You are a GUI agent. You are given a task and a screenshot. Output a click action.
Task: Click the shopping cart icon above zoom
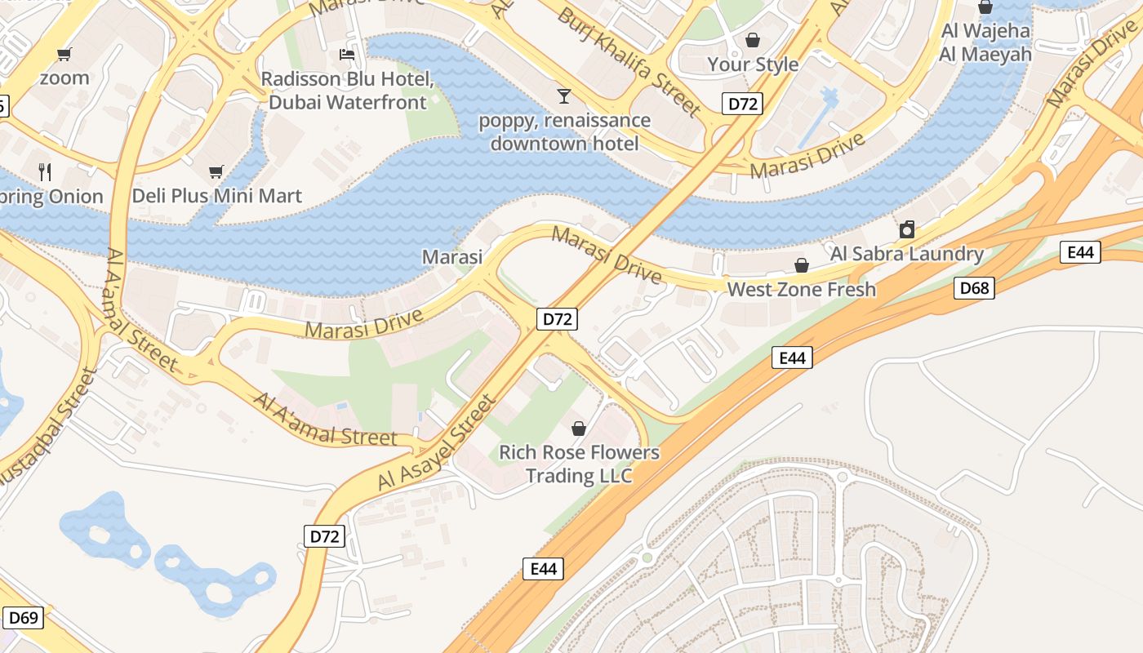click(64, 55)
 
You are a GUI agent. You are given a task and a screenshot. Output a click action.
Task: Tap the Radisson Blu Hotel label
click(347, 91)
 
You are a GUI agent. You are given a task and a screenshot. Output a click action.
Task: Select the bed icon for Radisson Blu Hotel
click(347, 55)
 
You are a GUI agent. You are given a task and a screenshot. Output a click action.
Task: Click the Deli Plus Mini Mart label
click(216, 196)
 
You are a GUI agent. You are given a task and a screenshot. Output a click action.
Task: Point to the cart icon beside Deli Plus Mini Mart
click(216, 171)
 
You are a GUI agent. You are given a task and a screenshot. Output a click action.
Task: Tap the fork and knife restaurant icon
click(45, 171)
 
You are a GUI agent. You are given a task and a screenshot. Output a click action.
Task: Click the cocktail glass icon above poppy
click(563, 96)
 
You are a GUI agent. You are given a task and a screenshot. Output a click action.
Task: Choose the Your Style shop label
click(753, 64)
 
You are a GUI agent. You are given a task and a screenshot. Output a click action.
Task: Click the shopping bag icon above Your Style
click(753, 39)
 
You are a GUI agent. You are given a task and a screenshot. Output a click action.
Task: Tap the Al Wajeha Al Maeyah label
click(985, 42)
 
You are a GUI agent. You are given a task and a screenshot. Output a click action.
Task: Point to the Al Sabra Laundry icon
click(906, 229)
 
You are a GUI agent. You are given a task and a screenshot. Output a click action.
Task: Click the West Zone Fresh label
click(801, 289)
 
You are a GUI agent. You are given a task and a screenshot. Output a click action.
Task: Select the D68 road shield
click(974, 287)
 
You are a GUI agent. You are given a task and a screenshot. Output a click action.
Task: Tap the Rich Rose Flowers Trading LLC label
click(579, 464)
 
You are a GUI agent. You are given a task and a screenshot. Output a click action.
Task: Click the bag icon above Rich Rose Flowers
click(579, 429)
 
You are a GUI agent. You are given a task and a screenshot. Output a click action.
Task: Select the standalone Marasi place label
click(451, 257)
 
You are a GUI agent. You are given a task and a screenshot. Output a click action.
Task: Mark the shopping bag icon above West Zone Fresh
click(802, 265)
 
